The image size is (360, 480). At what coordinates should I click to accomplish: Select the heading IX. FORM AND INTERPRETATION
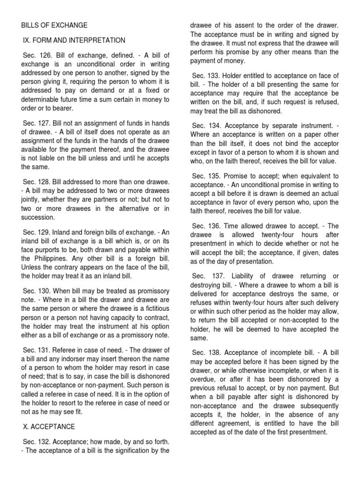pos(74,40)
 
